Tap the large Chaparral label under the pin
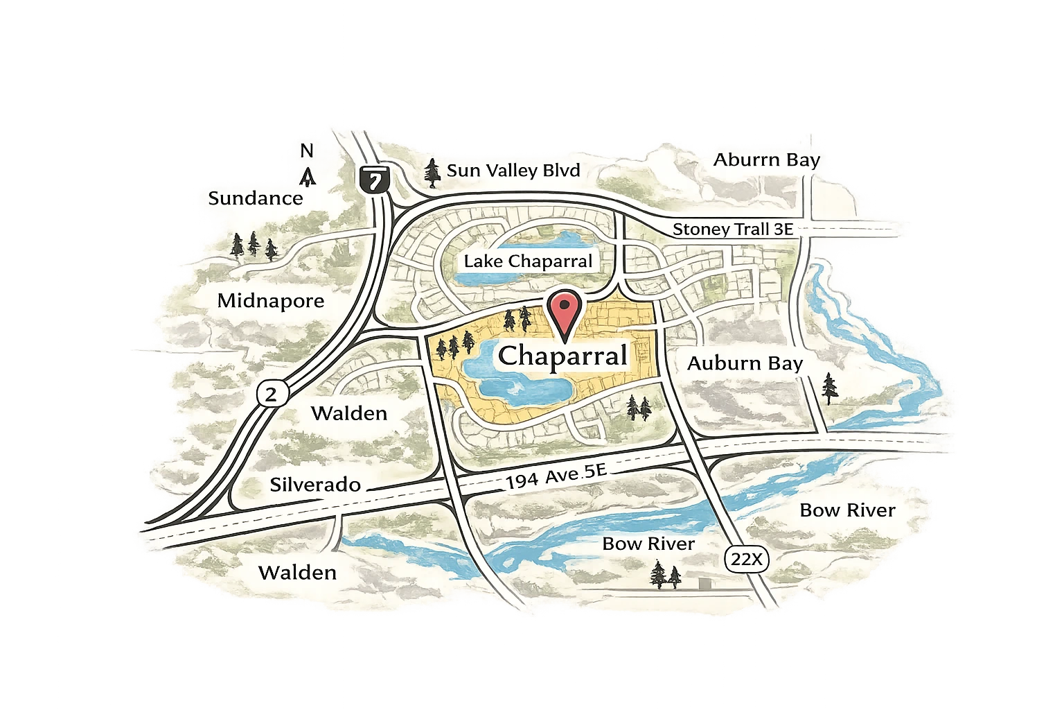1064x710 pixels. click(x=563, y=356)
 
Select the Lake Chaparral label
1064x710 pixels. click(x=528, y=261)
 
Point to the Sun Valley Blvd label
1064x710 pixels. click(x=513, y=171)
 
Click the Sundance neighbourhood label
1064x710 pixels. click(x=256, y=199)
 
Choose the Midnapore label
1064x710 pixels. click(x=271, y=301)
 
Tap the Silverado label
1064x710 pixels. click(x=315, y=484)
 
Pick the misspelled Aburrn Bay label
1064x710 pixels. click(x=767, y=160)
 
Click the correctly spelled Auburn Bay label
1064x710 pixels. click(x=745, y=363)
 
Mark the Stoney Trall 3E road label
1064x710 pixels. click(x=733, y=230)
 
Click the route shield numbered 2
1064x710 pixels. click(x=271, y=395)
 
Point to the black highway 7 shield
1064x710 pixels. click(x=375, y=180)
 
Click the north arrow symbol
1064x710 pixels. click(x=307, y=177)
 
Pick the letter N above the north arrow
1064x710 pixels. click(x=307, y=150)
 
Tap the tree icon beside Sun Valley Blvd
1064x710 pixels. click(x=432, y=173)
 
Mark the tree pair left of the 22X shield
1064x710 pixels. click(x=666, y=575)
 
